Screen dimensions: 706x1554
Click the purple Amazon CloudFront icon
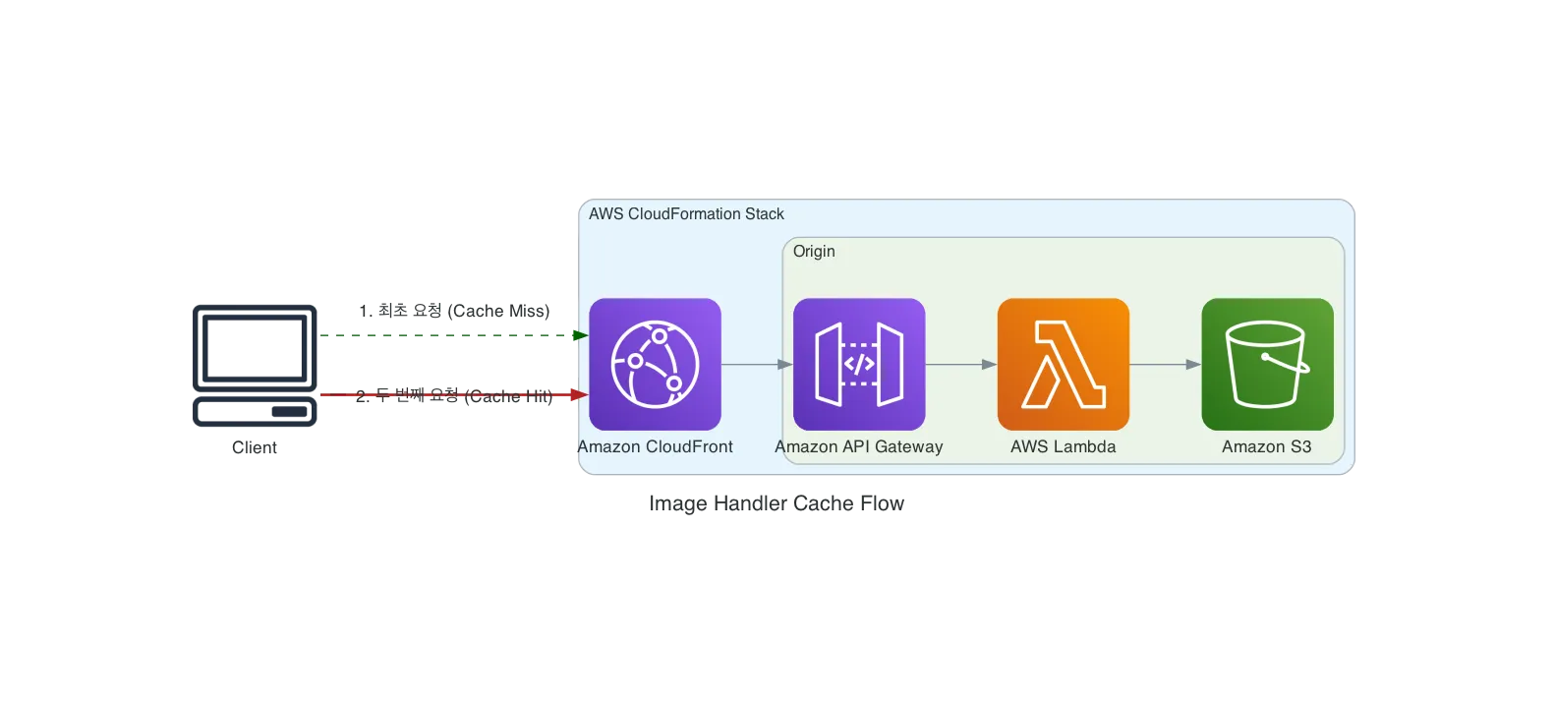click(x=655, y=364)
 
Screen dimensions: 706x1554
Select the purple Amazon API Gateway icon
click(x=859, y=364)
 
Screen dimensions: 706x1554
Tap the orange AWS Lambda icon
click(x=1063, y=364)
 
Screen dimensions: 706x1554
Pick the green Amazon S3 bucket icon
click(x=1267, y=364)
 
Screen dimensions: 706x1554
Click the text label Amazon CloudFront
click(x=655, y=446)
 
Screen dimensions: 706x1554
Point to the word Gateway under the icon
click(x=908, y=446)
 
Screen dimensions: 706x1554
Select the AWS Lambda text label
click(x=1063, y=446)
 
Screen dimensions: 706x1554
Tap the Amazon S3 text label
click(x=1266, y=446)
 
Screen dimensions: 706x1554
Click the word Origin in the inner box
click(x=814, y=252)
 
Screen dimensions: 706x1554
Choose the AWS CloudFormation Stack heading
click(x=686, y=214)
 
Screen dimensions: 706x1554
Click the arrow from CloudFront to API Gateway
click(x=756, y=365)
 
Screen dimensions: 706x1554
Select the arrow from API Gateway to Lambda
click(x=960, y=365)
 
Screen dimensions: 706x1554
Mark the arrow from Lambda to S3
click(x=1165, y=365)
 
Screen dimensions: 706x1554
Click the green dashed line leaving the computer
click(x=442, y=335)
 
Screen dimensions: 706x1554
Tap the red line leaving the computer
click(x=442, y=396)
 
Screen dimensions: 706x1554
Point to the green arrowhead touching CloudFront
click(x=580, y=335)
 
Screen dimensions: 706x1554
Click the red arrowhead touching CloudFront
click(x=580, y=396)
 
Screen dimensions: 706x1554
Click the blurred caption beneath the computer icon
click(x=256, y=448)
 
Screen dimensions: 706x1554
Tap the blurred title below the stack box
click(x=774, y=501)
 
